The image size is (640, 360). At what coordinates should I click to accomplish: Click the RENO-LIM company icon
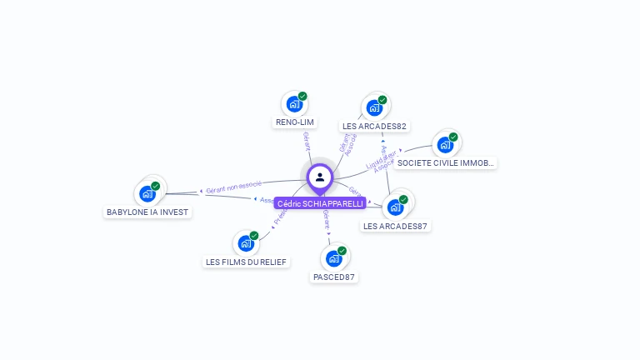293,104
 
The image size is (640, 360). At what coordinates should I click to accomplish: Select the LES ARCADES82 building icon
374,107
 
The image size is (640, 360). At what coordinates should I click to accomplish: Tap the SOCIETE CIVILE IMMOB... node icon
445,145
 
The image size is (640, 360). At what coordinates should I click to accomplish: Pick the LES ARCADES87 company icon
395,207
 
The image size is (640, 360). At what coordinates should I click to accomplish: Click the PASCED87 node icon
333,258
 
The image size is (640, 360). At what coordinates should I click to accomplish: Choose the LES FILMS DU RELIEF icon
246,243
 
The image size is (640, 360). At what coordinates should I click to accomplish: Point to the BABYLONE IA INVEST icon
147,194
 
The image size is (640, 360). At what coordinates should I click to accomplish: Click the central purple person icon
320,177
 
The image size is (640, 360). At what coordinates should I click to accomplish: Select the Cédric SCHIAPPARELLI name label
320,203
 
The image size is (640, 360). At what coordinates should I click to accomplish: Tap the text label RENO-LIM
294,122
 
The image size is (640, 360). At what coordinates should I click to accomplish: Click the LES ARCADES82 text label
374,127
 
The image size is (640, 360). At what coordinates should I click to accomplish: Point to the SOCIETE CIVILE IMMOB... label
446,163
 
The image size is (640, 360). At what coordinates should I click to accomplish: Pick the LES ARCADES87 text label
396,226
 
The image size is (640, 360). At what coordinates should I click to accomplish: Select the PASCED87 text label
334,277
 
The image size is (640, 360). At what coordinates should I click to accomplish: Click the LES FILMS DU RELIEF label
246,262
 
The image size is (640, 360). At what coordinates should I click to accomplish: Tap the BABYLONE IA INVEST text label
148,212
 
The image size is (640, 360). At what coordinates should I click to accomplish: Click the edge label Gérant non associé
234,186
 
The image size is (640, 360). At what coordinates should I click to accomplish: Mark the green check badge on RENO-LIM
302,96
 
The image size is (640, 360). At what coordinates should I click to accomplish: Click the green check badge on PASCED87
342,250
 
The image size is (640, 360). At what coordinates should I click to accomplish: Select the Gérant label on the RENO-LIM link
307,141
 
